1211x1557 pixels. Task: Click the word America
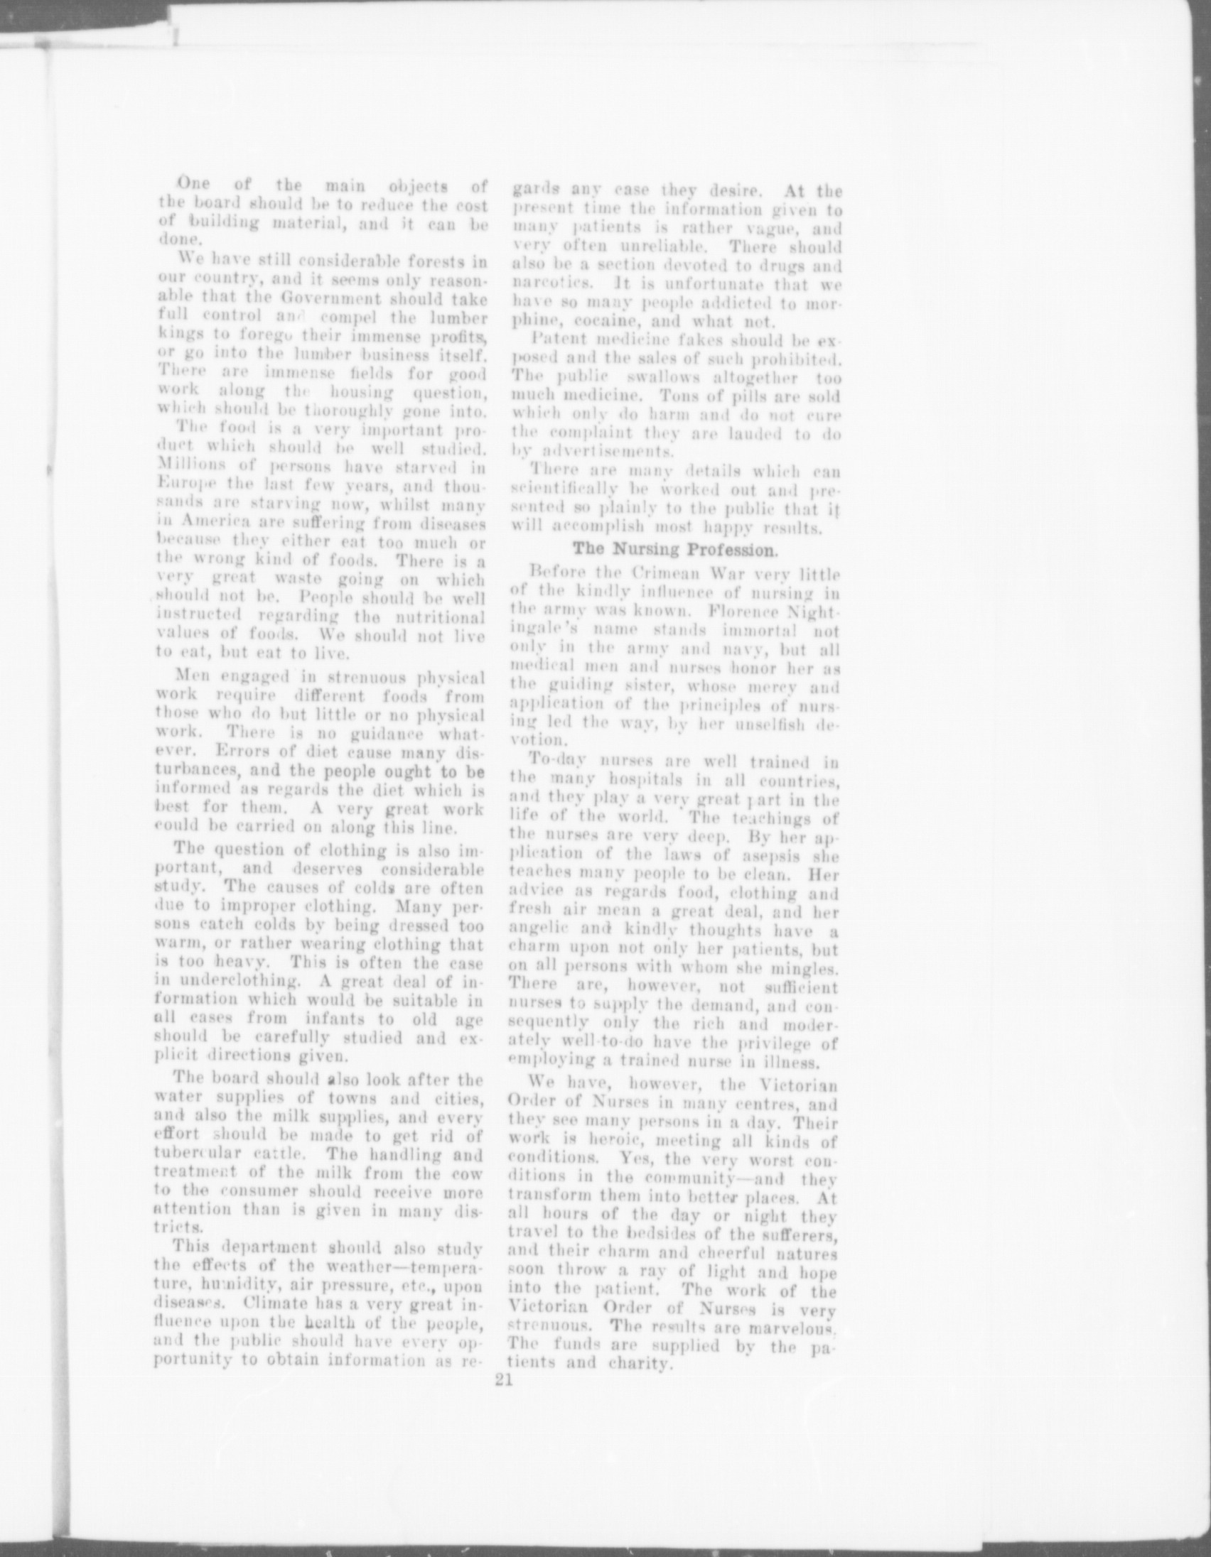[204, 525]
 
